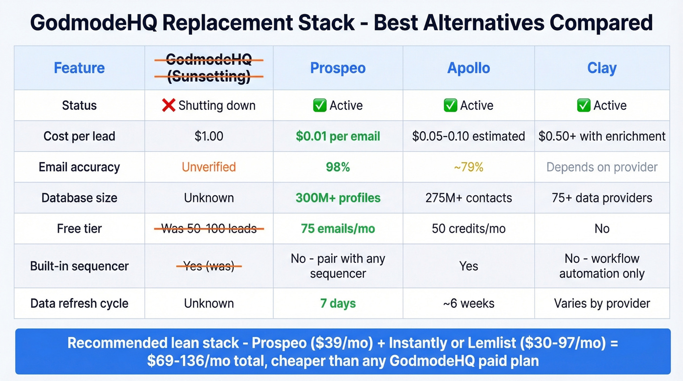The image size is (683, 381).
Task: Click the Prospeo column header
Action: click(338, 68)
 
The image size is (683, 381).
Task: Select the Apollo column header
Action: click(468, 68)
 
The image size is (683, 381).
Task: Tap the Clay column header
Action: click(602, 68)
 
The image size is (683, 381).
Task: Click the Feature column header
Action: click(79, 68)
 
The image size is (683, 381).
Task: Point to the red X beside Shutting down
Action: click(168, 105)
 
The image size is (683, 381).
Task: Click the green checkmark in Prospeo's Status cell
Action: click(320, 105)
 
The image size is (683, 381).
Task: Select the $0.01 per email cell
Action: click(338, 136)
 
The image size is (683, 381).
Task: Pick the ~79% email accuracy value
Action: click(468, 167)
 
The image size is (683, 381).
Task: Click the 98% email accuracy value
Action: click(338, 167)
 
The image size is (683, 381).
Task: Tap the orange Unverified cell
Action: click(209, 167)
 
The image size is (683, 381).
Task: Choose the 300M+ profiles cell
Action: click(338, 198)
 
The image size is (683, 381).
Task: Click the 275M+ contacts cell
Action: click(468, 198)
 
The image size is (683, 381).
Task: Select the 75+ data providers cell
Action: click(602, 198)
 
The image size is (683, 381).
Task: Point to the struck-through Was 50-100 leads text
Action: click(209, 228)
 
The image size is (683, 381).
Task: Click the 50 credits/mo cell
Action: click(468, 228)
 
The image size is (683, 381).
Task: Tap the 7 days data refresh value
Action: click(338, 303)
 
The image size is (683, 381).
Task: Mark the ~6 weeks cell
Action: click(468, 303)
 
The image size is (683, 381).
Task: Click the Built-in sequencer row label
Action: click(79, 266)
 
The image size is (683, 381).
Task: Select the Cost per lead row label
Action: click(79, 136)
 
